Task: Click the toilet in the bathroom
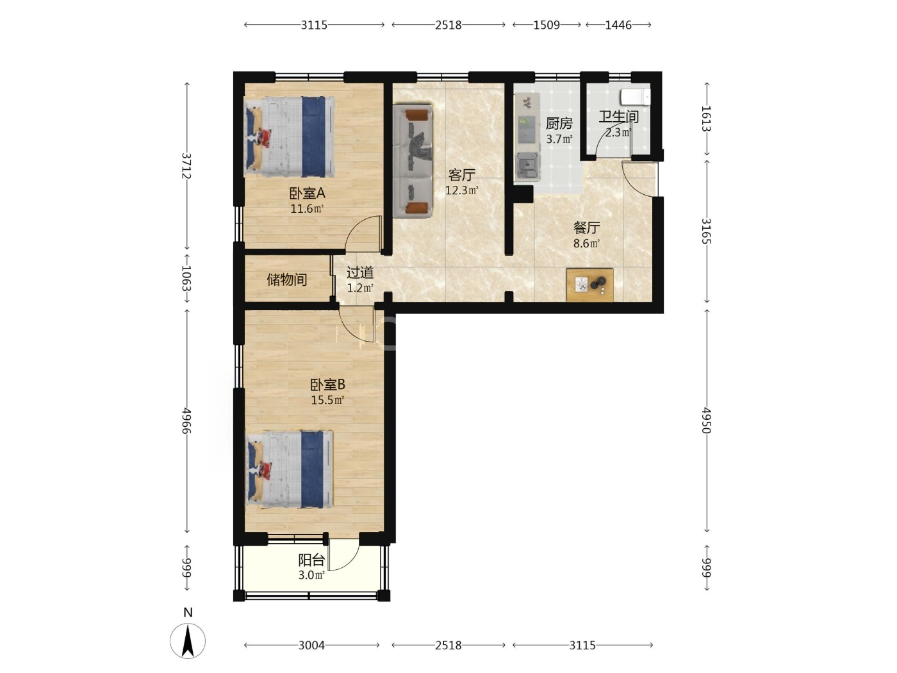pos(635,97)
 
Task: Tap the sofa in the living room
pos(413,160)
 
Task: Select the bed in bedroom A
pos(289,137)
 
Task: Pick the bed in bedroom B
pos(289,469)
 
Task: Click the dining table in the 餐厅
pos(589,285)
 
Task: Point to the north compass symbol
pos(188,635)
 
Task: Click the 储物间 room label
pos(286,280)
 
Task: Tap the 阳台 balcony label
pos(311,560)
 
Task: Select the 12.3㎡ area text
pos(461,190)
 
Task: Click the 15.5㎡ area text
pos(327,399)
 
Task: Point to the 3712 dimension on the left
pos(186,165)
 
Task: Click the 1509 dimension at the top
pos(547,25)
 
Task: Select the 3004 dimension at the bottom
pos(311,645)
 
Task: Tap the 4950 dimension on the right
pos(706,420)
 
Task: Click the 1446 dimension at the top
pos(618,25)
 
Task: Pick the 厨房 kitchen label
pos(559,124)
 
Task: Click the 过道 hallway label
pos(360,272)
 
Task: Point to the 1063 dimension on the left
pos(186,278)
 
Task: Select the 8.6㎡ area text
pos(586,244)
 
